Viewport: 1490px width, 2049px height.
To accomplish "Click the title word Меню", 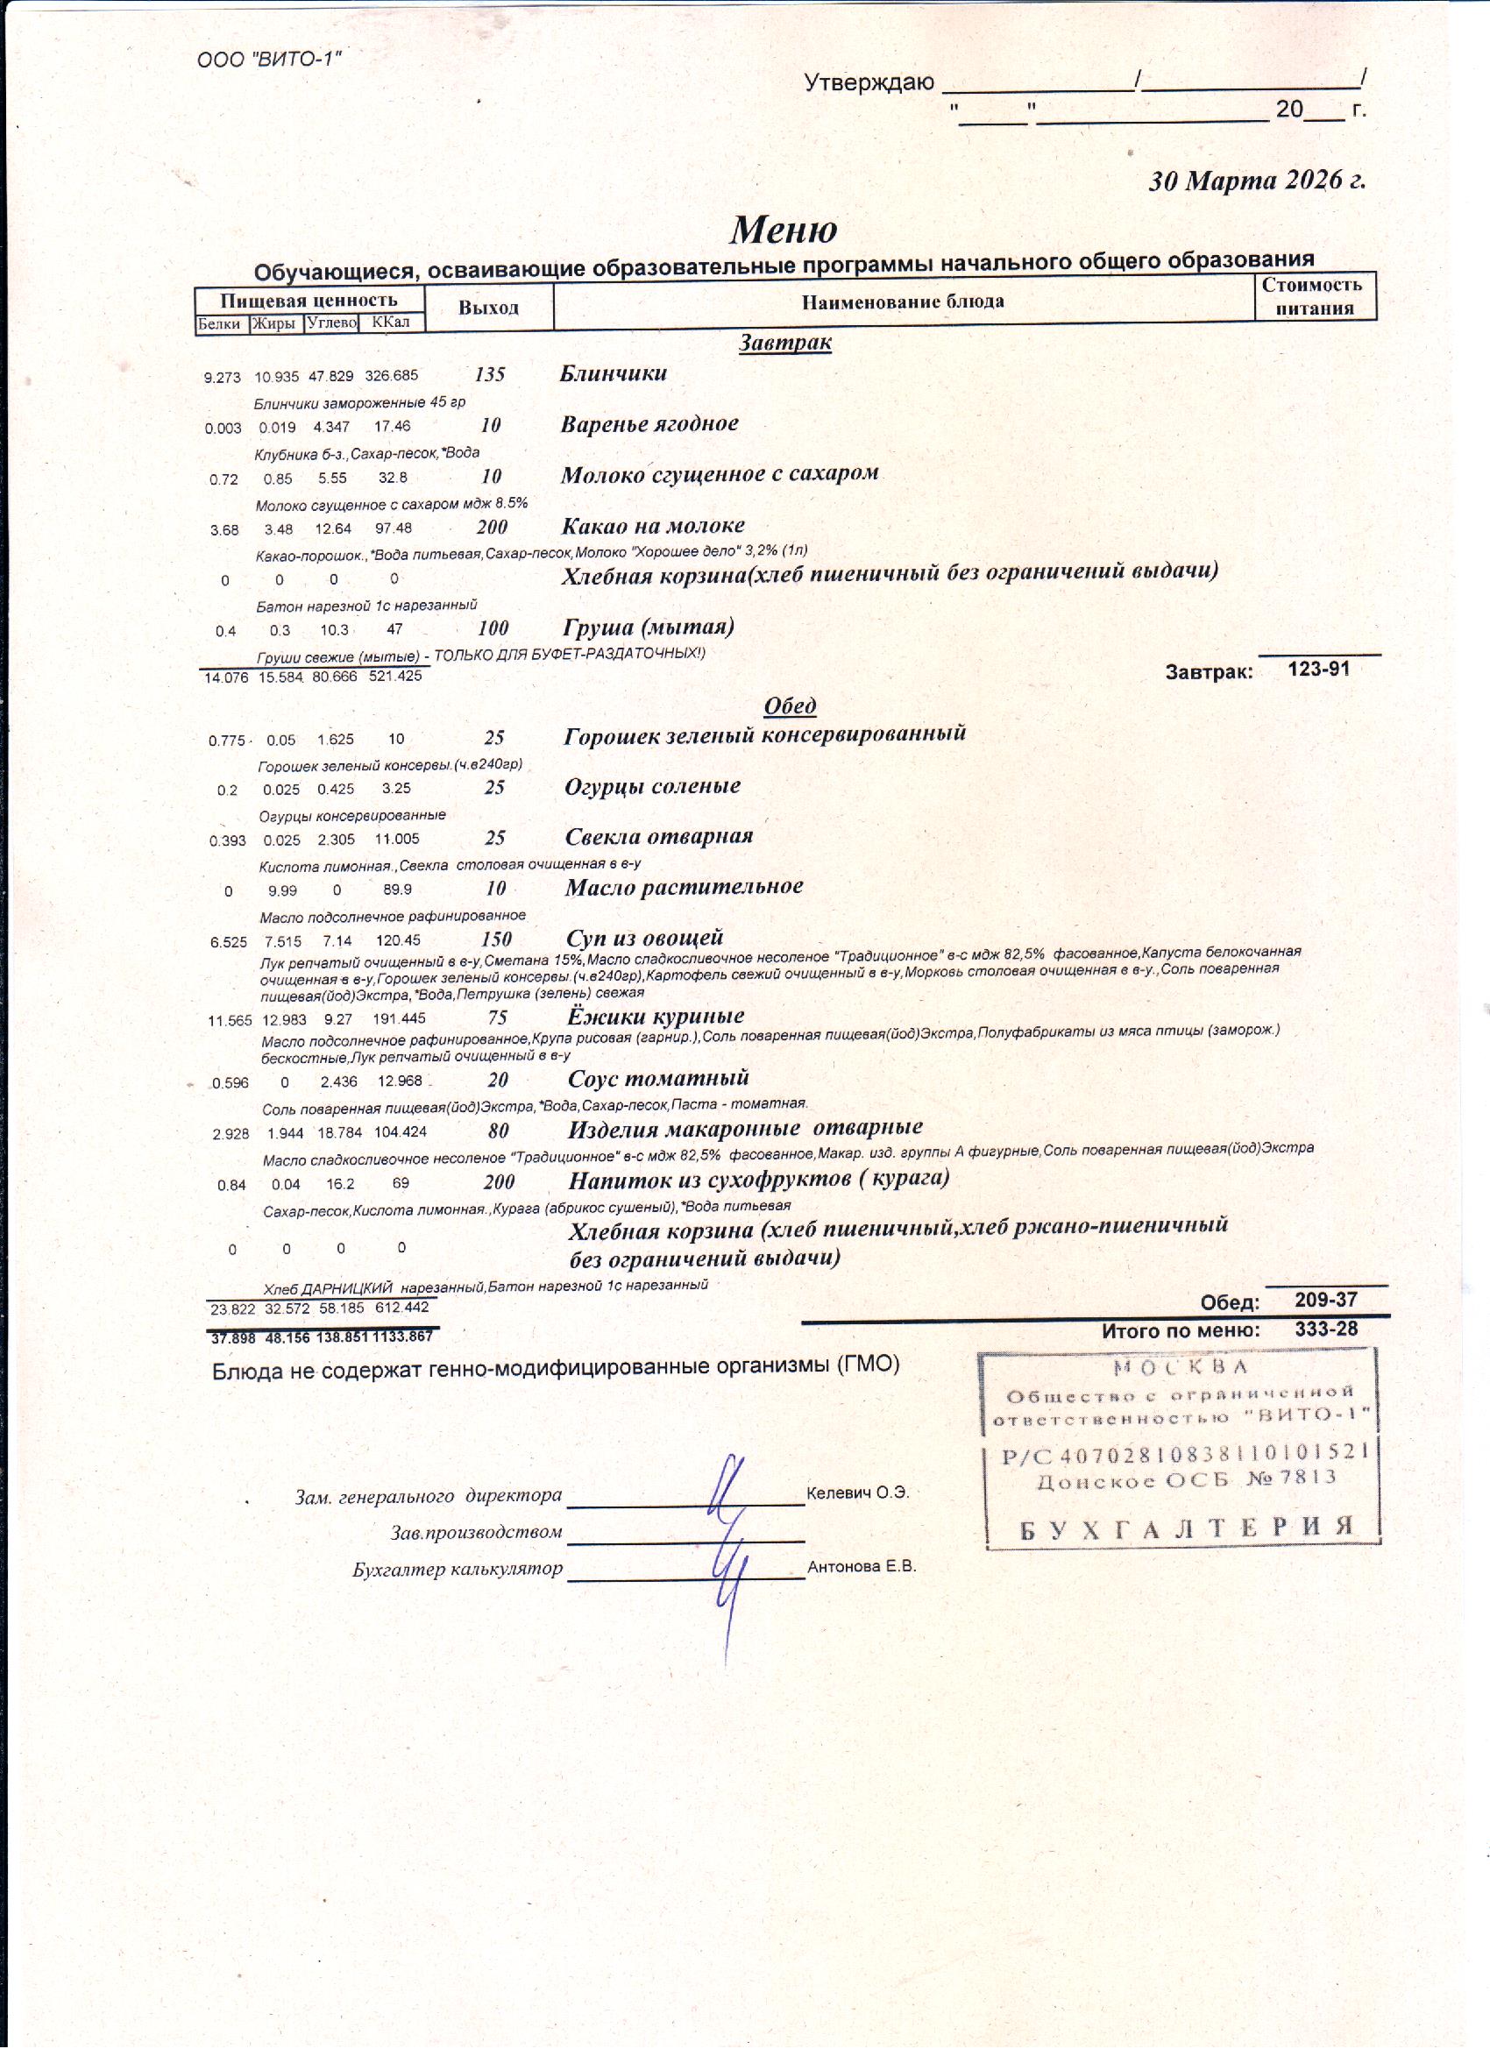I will (783, 230).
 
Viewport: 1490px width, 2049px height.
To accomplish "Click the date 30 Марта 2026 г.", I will (1256, 181).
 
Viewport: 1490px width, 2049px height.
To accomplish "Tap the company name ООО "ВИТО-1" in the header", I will (269, 60).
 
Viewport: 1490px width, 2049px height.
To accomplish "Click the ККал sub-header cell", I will (390, 323).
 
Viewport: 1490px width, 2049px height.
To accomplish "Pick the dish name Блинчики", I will (614, 373).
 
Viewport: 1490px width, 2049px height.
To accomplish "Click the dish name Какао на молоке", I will (652, 526).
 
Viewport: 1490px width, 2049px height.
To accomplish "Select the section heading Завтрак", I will (784, 343).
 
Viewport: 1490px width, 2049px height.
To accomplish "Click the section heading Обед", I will (790, 705).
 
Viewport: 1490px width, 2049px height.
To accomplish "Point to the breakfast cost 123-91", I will (1318, 670).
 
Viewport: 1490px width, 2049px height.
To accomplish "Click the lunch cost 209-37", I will (1325, 1300).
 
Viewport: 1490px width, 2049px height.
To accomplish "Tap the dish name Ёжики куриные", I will (655, 1016).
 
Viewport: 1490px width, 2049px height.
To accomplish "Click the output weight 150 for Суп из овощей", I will (496, 939).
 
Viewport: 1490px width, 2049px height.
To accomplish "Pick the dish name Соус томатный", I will (658, 1078).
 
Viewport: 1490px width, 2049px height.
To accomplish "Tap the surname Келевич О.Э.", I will (856, 1492).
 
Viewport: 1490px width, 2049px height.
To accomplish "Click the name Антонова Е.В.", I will (861, 1567).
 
